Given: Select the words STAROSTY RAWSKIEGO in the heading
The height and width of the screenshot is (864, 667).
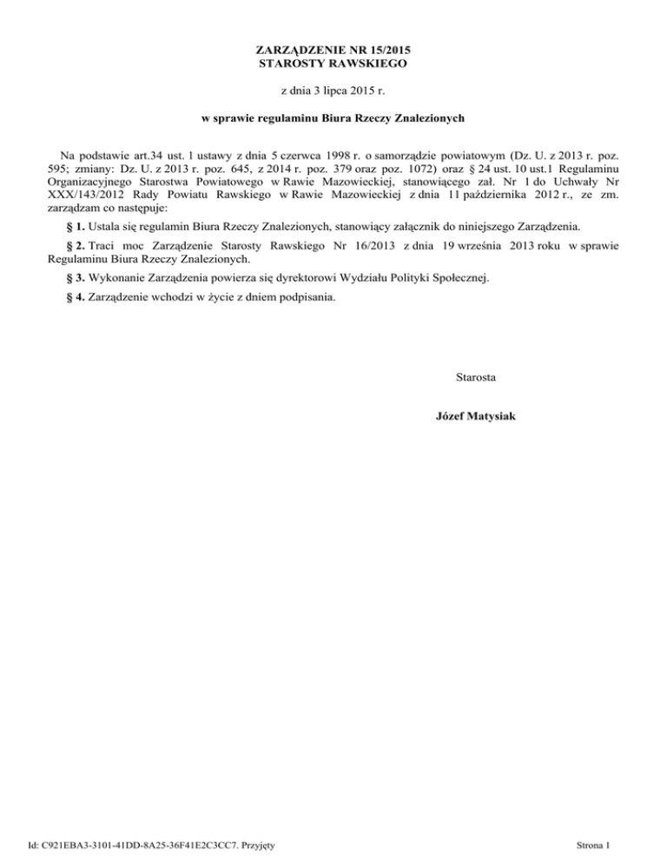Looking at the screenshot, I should (333, 63).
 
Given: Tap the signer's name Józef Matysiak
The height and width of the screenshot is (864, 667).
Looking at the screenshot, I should (476, 416).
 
